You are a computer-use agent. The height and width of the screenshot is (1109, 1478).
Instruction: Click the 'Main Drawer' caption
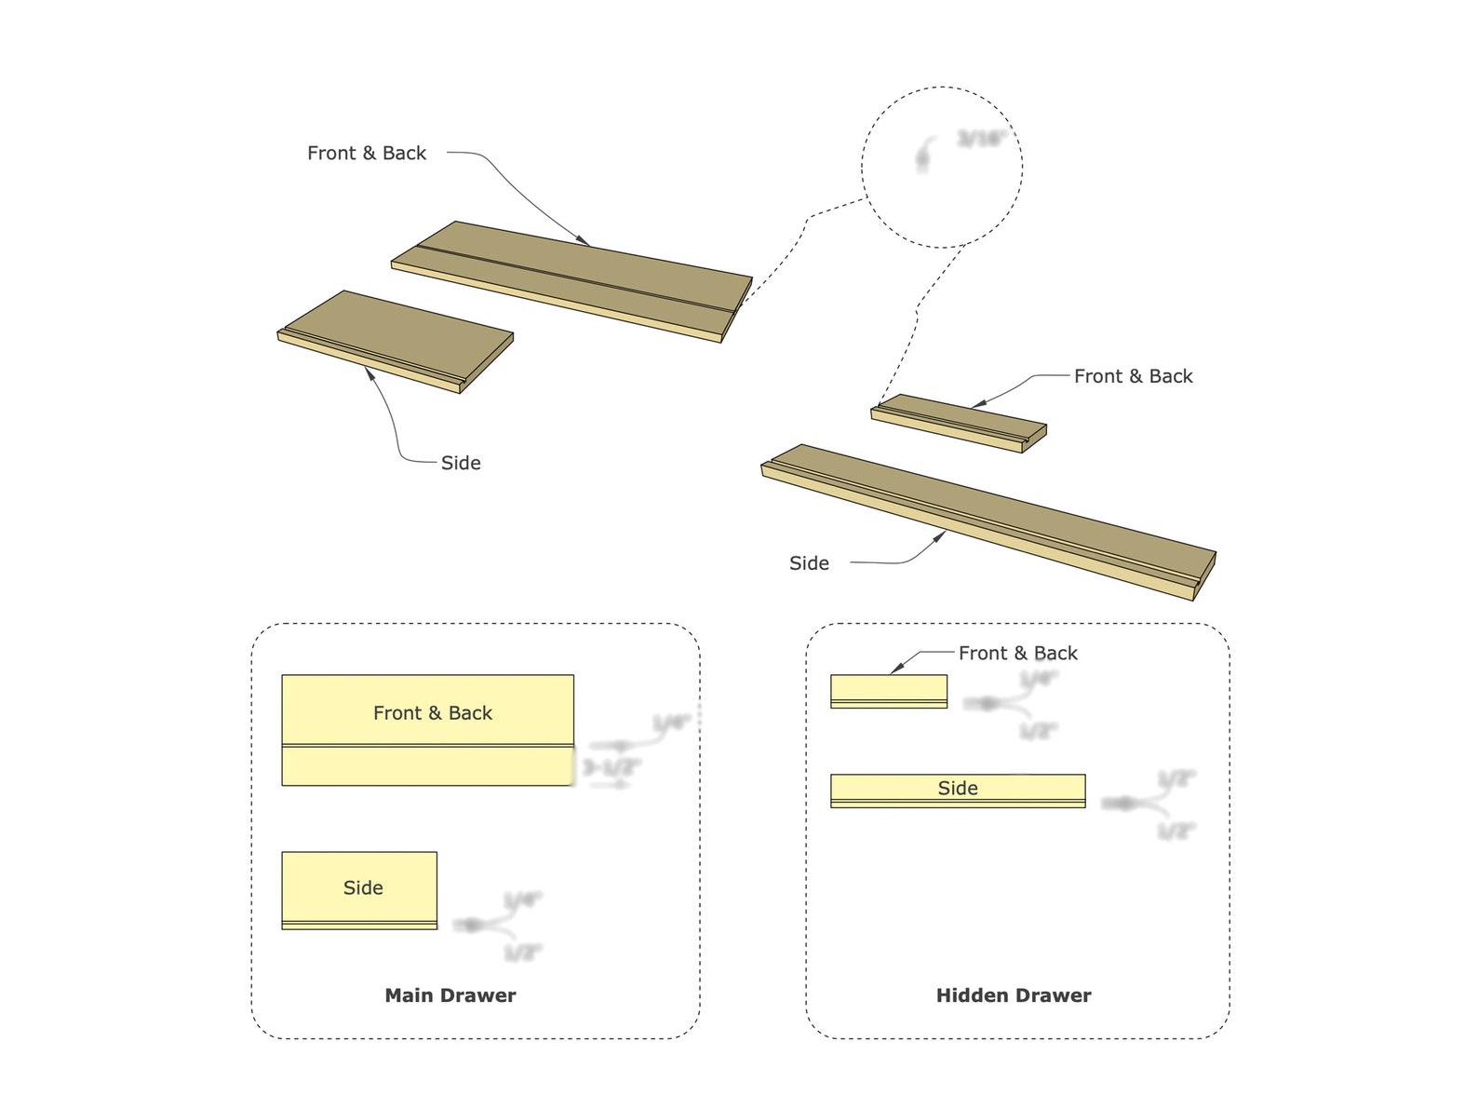[450, 995]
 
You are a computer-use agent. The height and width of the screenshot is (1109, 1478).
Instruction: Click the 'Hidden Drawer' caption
[1013, 995]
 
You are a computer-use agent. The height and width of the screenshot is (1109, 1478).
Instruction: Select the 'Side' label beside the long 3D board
[809, 563]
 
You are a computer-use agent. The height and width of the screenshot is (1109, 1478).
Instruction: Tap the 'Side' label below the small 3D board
[461, 463]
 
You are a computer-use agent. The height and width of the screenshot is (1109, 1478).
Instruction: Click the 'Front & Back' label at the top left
[367, 154]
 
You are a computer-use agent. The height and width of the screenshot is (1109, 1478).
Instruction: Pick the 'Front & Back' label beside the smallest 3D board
[1133, 376]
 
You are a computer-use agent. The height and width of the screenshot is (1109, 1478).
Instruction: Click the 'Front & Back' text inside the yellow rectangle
[432, 713]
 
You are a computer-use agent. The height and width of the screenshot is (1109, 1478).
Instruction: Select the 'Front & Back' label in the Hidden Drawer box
[1017, 654]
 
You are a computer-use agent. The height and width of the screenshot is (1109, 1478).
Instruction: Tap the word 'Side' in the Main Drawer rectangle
[363, 888]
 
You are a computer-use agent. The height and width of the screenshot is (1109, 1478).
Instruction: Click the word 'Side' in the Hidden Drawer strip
[958, 789]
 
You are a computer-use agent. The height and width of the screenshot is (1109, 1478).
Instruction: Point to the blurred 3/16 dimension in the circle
[982, 140]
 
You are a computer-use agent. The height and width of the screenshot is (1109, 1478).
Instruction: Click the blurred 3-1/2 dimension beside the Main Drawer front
[611, 768]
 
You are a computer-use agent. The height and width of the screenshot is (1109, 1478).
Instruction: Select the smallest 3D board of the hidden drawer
[959, 422]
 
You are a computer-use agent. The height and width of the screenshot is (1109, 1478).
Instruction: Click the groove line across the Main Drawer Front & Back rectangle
[427, 746]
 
